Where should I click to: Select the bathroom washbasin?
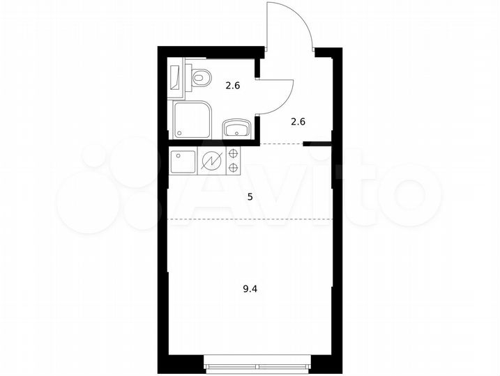point(236,128)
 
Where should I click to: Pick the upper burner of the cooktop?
point(233,155)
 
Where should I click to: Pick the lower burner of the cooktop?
point(233,167)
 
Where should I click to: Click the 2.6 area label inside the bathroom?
point(232,86)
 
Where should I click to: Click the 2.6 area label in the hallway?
point(298,121)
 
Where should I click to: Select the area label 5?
point(250,196)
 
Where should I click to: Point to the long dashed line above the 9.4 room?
point(250,219)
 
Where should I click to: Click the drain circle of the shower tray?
point(180,132)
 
